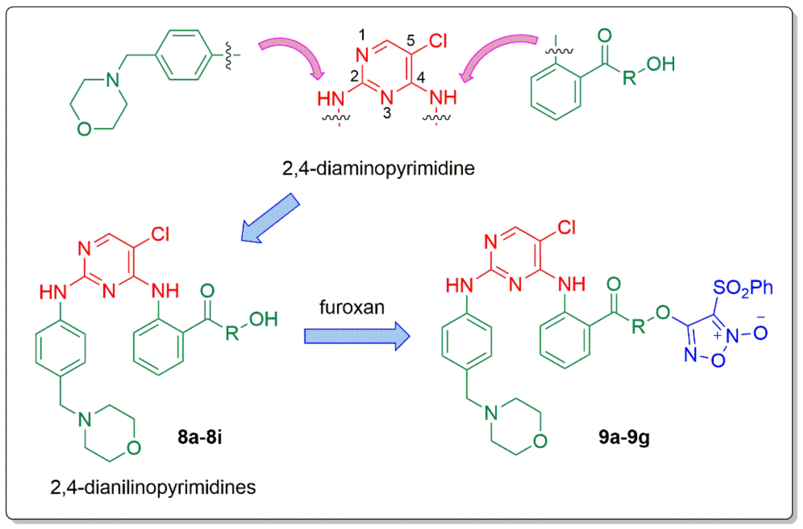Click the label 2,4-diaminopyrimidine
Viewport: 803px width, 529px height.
coord(378,168)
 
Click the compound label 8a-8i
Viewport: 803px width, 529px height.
coord(200,437)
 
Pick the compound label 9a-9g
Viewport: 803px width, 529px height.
coord(624,437)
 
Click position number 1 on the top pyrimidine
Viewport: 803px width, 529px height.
coord(362,35)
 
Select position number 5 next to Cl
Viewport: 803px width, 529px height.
coord(410,41)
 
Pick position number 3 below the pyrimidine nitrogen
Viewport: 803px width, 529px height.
coord(387,113)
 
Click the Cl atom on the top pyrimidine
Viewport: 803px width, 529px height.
coord(438,41)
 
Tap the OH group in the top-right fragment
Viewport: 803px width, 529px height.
coord(660,64)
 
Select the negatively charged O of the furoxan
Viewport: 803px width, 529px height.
coord(760,333)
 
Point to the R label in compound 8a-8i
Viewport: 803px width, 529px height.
coord(232,333)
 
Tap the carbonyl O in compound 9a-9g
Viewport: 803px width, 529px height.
coord(613,284)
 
